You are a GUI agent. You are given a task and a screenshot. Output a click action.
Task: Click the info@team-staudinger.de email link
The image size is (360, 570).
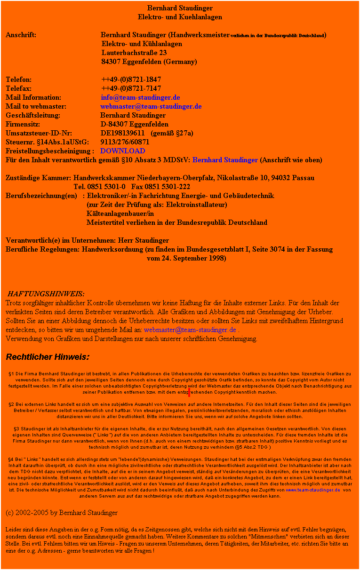(x=140, y=98)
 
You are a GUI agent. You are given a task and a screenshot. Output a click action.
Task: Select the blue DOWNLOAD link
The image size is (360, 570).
(x=123, y=151)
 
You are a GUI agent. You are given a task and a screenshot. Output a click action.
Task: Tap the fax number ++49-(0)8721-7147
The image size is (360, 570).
(x=131, y=89)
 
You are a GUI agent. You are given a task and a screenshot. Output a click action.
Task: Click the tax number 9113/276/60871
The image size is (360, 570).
(x=125, y=142)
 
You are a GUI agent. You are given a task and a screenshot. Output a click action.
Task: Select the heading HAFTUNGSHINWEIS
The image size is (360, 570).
(x=46, y=294)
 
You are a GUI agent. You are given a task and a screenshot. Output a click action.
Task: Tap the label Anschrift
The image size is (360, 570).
(x=22, y=35)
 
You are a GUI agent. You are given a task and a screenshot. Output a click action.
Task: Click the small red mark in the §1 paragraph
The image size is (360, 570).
(x=189, y=392)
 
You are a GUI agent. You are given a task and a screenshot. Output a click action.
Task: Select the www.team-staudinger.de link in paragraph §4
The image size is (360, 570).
(x=313, y=490)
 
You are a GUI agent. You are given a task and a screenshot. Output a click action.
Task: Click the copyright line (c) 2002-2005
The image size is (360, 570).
(x=62, y=512)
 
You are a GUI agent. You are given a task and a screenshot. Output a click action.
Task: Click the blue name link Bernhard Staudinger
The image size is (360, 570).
(x=225, y=160)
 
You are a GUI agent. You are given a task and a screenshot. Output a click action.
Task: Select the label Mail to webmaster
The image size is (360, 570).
(x=36, y=107)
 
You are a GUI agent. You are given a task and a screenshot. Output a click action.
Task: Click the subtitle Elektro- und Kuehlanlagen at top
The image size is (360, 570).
(x=180, y=17)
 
